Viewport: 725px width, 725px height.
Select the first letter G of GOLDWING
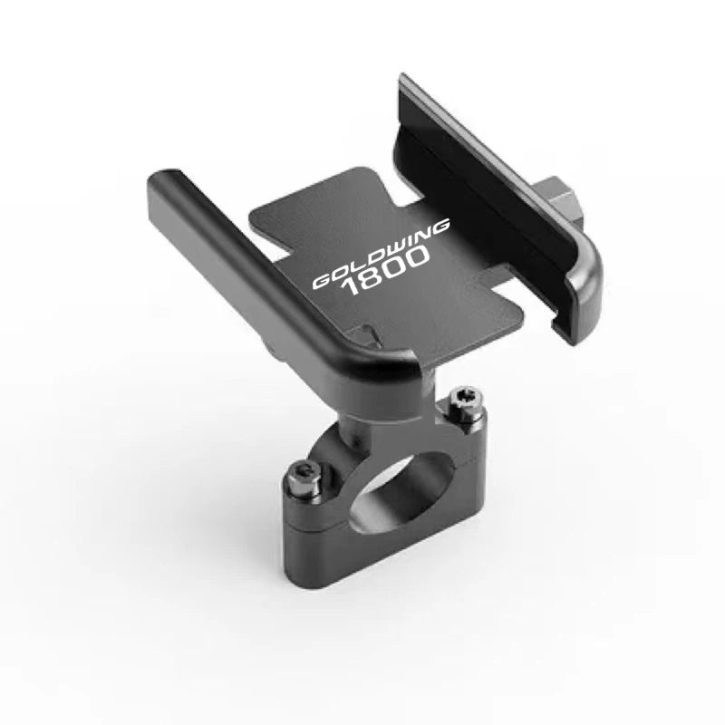point(321,283)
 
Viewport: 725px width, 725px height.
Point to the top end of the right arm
point(412,86)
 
